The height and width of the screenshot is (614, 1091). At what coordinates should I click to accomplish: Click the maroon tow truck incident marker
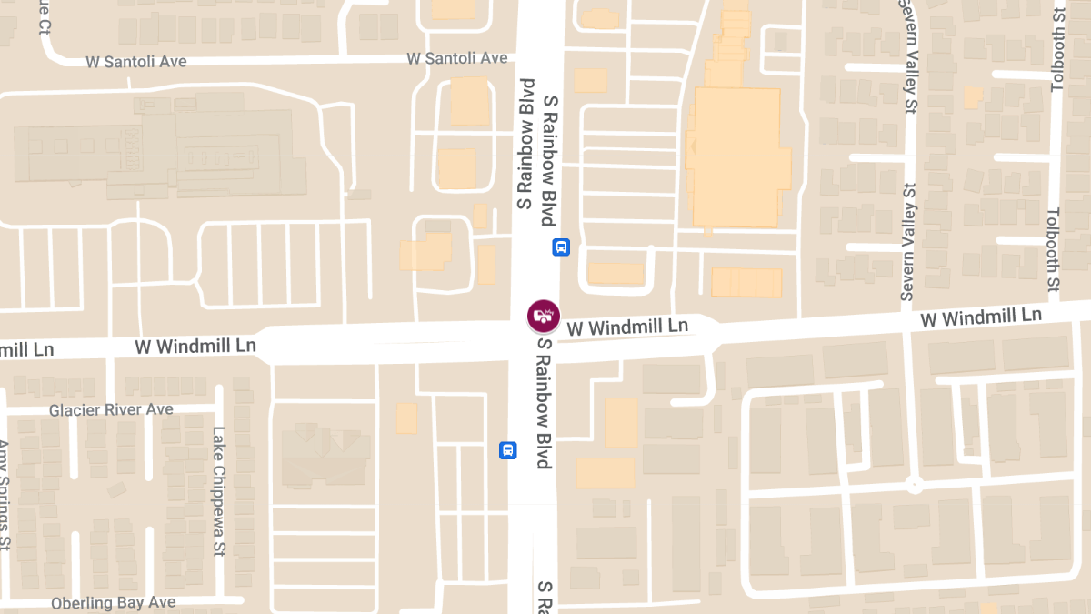click(x=544, y=317)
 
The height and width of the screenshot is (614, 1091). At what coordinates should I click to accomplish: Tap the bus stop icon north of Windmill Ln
click(x=561, y=247)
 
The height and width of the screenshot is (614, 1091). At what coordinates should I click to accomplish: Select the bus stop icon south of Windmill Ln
click(x=508, y=449)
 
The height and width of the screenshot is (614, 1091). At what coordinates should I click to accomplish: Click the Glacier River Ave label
click(x=111, y=409)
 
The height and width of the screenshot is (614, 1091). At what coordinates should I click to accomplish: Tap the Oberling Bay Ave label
click(x=114, y=602)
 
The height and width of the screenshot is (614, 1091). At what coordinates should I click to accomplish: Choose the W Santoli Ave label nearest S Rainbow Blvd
click(x=457, y=58)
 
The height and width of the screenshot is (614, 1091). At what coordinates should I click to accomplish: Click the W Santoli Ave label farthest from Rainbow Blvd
click(x=136, y=61)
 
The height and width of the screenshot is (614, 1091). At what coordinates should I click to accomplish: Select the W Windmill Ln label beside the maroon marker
click(x=627, y=326)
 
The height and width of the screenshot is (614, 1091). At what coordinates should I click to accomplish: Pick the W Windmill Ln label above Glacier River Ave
click(x=195, y=347)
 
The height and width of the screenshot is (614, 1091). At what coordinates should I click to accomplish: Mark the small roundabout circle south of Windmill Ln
click(x=914, y=486)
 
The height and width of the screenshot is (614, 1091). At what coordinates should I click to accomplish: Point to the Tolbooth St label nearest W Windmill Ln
click(x=1053, y=250)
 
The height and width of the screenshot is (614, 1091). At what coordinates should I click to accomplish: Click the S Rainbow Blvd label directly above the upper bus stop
click(x=549, y=159)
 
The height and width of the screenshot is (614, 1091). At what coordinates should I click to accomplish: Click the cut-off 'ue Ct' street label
click(x=43, y=15)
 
